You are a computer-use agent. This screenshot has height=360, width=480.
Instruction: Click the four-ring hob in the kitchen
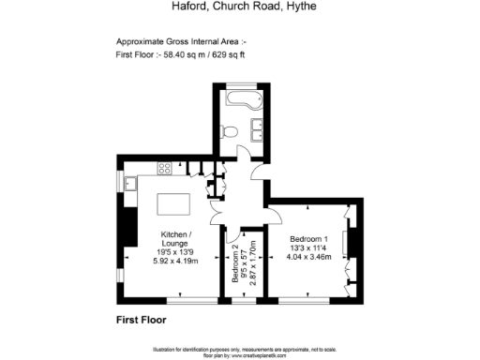pos(164,169)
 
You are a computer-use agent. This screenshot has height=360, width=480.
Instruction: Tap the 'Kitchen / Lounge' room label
pos(175,238)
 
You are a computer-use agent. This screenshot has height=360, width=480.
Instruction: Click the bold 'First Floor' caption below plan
pos(141,321)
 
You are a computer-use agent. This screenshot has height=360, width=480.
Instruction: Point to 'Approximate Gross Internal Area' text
pos(176,42)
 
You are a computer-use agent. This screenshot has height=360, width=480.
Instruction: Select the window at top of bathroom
pos(247,87)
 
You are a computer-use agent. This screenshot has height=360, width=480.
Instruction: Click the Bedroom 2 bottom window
pos(243,301)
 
